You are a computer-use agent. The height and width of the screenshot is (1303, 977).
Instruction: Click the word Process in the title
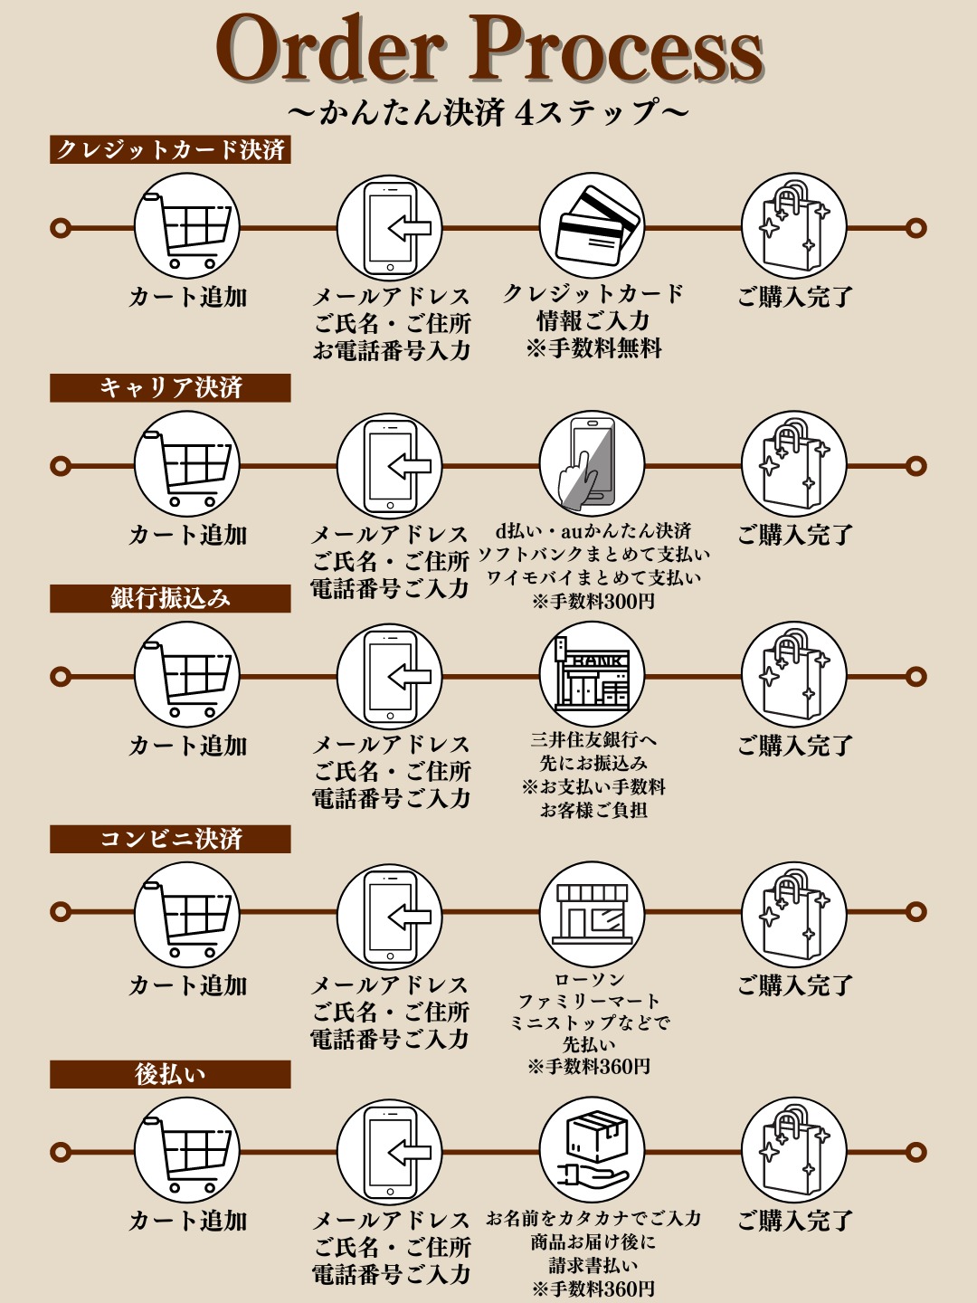click(x=616, y=49)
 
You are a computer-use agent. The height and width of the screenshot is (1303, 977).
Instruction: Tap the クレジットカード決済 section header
click(x=170, y=149)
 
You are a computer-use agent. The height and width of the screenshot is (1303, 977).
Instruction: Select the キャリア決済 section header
click(x=170, y=387)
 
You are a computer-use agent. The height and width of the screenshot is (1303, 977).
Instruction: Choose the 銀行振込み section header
click(x=170, y=598)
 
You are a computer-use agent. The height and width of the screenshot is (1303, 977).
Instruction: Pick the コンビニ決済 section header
click(x=170, y=839)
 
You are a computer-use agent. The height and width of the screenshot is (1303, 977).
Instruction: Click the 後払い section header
click(x=170, y=1074)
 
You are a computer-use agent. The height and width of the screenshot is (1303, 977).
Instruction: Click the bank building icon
click(x=592, y=675)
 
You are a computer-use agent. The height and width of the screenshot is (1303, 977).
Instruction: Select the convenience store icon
click(x=592, y=915)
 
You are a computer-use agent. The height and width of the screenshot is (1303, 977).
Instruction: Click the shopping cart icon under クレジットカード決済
click(x=187, y=226)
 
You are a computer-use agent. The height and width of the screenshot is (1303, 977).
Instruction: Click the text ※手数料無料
click(x=593, y=347)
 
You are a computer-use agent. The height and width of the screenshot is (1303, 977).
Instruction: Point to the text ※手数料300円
click(x=593, y=602)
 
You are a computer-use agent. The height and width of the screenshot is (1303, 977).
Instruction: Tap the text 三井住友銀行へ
click(x=593, y=740)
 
